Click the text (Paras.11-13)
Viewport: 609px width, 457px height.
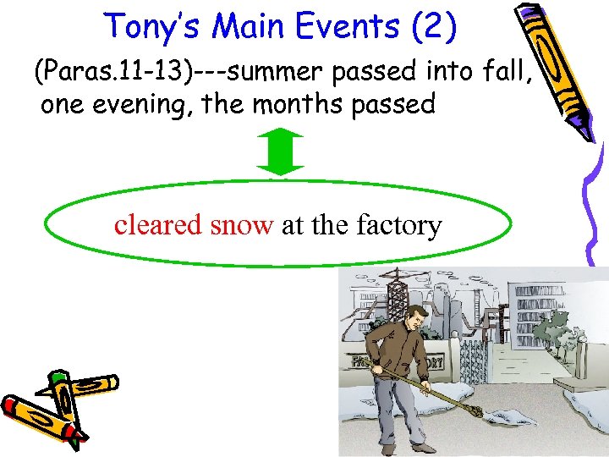point(112,74)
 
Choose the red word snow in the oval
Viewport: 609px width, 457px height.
point(241,225)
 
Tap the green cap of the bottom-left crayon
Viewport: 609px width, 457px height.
point(58,377)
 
